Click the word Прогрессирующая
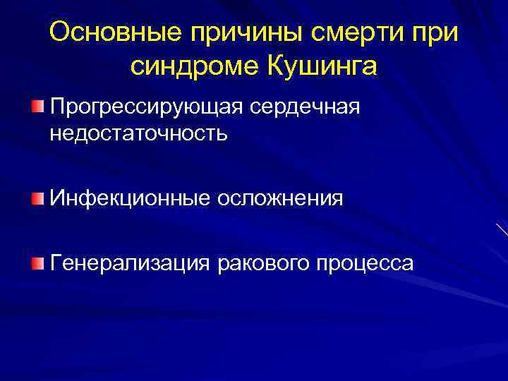pyautogui.click(x=144, y=107)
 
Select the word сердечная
pyautogui.click(x=303, y=107)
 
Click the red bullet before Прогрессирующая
pyautogui.click(x=37, y=107)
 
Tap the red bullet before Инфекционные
pyautogui.click(x=37, y=198)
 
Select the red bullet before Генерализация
pyautogui.click(x=37, y=262)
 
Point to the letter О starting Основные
pyautogui.click(x=61, y=32)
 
